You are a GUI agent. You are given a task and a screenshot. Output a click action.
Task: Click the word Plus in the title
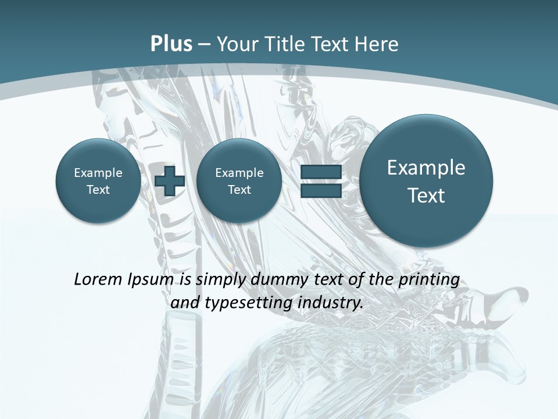pyautogui.click(x=171, y=44)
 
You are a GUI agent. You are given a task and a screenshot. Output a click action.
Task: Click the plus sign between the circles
pyautogui.click(x=170, y=181)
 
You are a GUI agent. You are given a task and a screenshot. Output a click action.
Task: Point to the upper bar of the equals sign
pyautogui.click(x=320, y=172)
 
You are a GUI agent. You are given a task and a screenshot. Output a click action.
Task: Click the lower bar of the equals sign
pyautogui.click(x=320, y=191)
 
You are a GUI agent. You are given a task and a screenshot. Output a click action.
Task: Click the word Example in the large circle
pyautogui.click(x=426, y=168)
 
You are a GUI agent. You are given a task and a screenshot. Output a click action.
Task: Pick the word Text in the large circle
pyautogui.click(x=426, y=196)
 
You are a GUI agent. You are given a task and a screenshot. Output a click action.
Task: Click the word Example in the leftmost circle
pyautogui.click(x=98, y=173)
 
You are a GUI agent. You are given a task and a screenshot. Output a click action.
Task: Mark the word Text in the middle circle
pyautogui.click(x=239, y=190)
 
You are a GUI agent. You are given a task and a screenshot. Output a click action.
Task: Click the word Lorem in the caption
pyautogui.click(x=98, y=279)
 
